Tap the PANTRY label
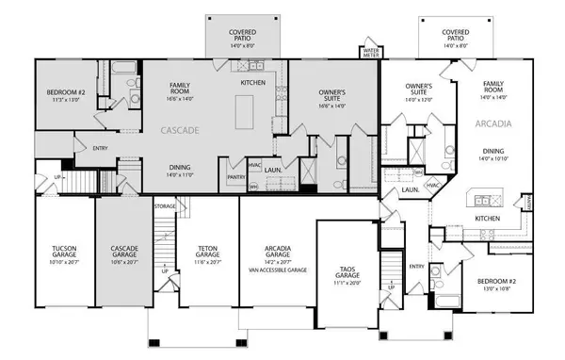click(x=235, y=176)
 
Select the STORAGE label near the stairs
click(x=166, y=205)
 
